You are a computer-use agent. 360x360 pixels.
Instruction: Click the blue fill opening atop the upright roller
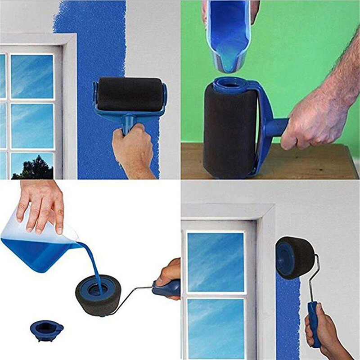(230, 84)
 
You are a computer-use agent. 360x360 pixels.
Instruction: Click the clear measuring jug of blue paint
(36, 245)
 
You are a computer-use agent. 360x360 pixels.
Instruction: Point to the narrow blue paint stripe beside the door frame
(288, 315)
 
